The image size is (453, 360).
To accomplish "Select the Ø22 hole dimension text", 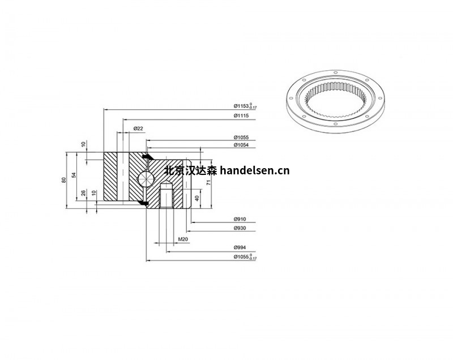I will [x=138, y=129].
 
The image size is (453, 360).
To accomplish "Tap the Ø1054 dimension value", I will [x=242, y=145].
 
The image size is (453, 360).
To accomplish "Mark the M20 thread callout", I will [x=183, y=239].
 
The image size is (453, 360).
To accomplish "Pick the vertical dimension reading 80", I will [x=65, y=179].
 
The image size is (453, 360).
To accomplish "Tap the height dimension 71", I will [x=208, y=182].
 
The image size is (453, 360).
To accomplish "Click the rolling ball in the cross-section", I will [x=146, y=177].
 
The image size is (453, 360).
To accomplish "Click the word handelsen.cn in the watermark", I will [x=254, y=170].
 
